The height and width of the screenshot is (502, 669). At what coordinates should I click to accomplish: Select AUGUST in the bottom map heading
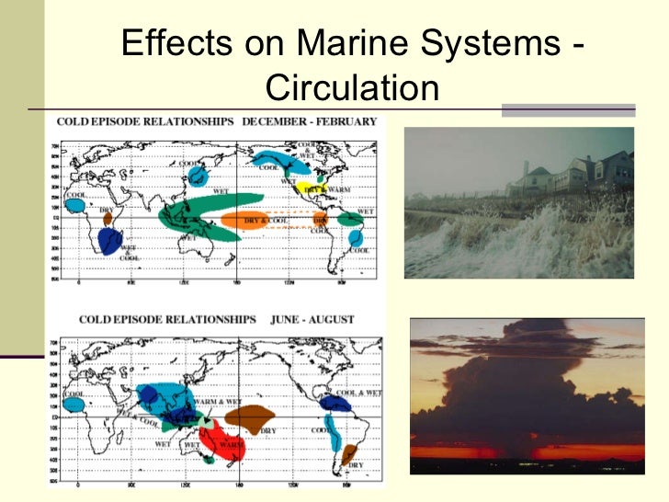tap(327, 320)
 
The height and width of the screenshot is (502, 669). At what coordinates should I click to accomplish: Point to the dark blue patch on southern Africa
tap(109, 241)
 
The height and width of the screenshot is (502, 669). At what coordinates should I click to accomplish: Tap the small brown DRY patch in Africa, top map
tap(107, 221)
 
